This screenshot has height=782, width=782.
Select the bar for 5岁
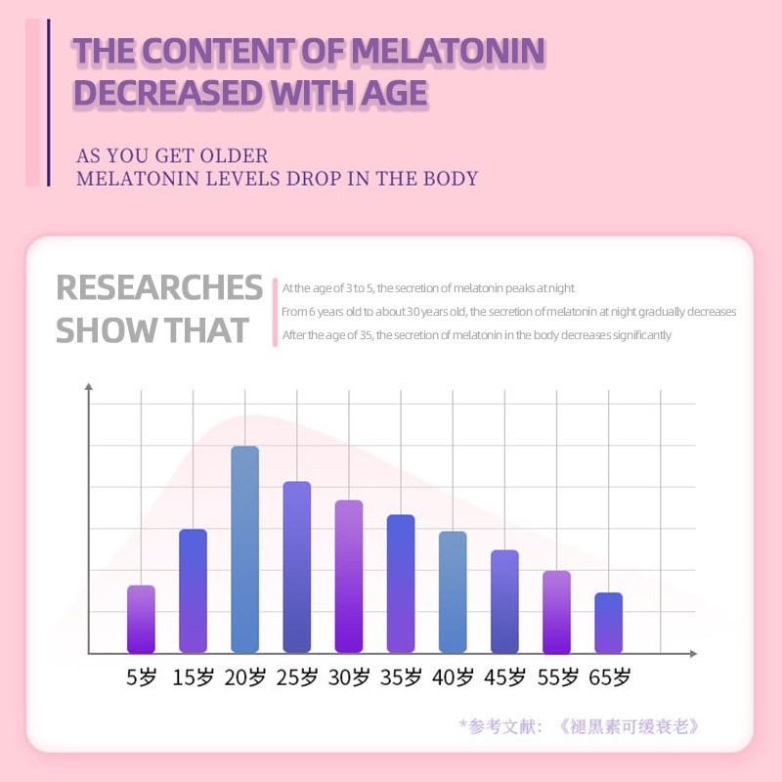click(141, 619)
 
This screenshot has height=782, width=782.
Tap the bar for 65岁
click(608, 623)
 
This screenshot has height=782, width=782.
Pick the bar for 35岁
click(401, 584)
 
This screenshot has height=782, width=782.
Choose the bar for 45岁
click(504, 601)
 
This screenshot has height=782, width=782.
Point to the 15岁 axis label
click(193, 677)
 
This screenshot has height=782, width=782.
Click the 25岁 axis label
click(296, 677)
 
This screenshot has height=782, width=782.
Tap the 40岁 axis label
click(453, 677)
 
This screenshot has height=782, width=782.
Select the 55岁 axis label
click(556, 677)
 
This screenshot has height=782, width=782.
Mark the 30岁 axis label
click(348, 677)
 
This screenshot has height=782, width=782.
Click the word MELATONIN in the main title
click(447, 52)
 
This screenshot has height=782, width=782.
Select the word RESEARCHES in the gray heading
click(159, 288)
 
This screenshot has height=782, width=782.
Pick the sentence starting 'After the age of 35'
click(476, 334)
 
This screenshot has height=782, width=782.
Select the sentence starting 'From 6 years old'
click(508, 312)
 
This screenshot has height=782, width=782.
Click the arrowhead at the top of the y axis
click(89, 387)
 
